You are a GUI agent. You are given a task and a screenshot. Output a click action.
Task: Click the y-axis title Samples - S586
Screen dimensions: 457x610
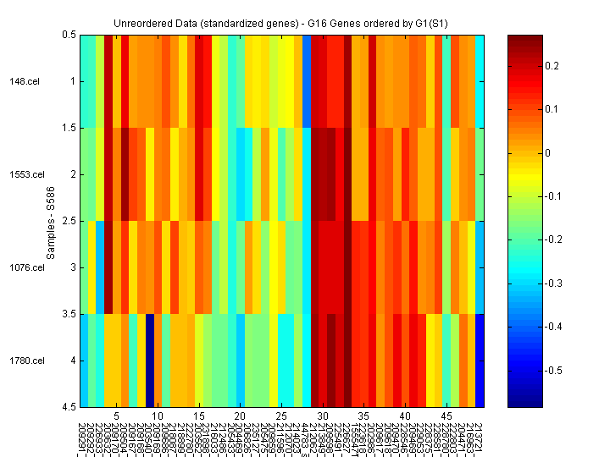point(52,221)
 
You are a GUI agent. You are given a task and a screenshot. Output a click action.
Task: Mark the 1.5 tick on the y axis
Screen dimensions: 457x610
point(69,128)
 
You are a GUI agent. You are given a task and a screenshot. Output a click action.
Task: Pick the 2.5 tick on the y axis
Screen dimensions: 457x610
point(69,221)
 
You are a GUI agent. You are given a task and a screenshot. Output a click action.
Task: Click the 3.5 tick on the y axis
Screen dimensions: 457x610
point(69,314)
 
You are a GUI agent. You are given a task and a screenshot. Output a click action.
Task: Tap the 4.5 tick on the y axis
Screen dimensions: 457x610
point(69,407)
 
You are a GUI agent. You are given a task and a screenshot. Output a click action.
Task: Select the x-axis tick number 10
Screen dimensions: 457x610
point(158,417)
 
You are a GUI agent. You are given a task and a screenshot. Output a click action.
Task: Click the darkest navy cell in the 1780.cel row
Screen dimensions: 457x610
point(150,361)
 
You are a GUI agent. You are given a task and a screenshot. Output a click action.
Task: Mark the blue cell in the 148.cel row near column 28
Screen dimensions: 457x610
point(307,81)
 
